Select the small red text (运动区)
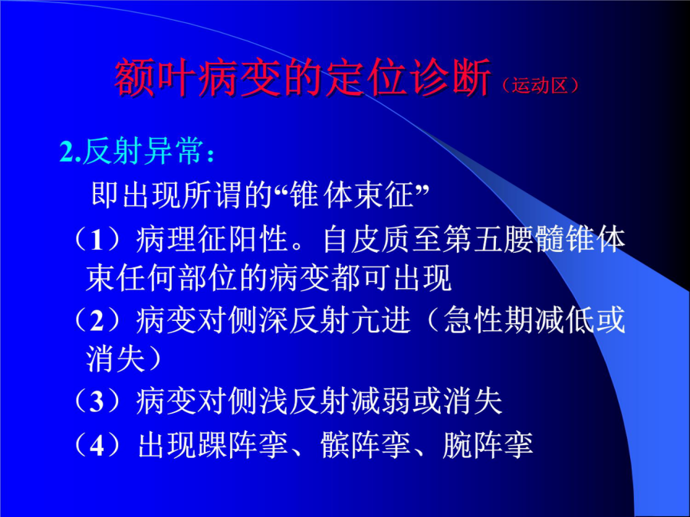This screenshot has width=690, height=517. click(540, 85)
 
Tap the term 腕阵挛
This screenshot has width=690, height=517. click(488, 445)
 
